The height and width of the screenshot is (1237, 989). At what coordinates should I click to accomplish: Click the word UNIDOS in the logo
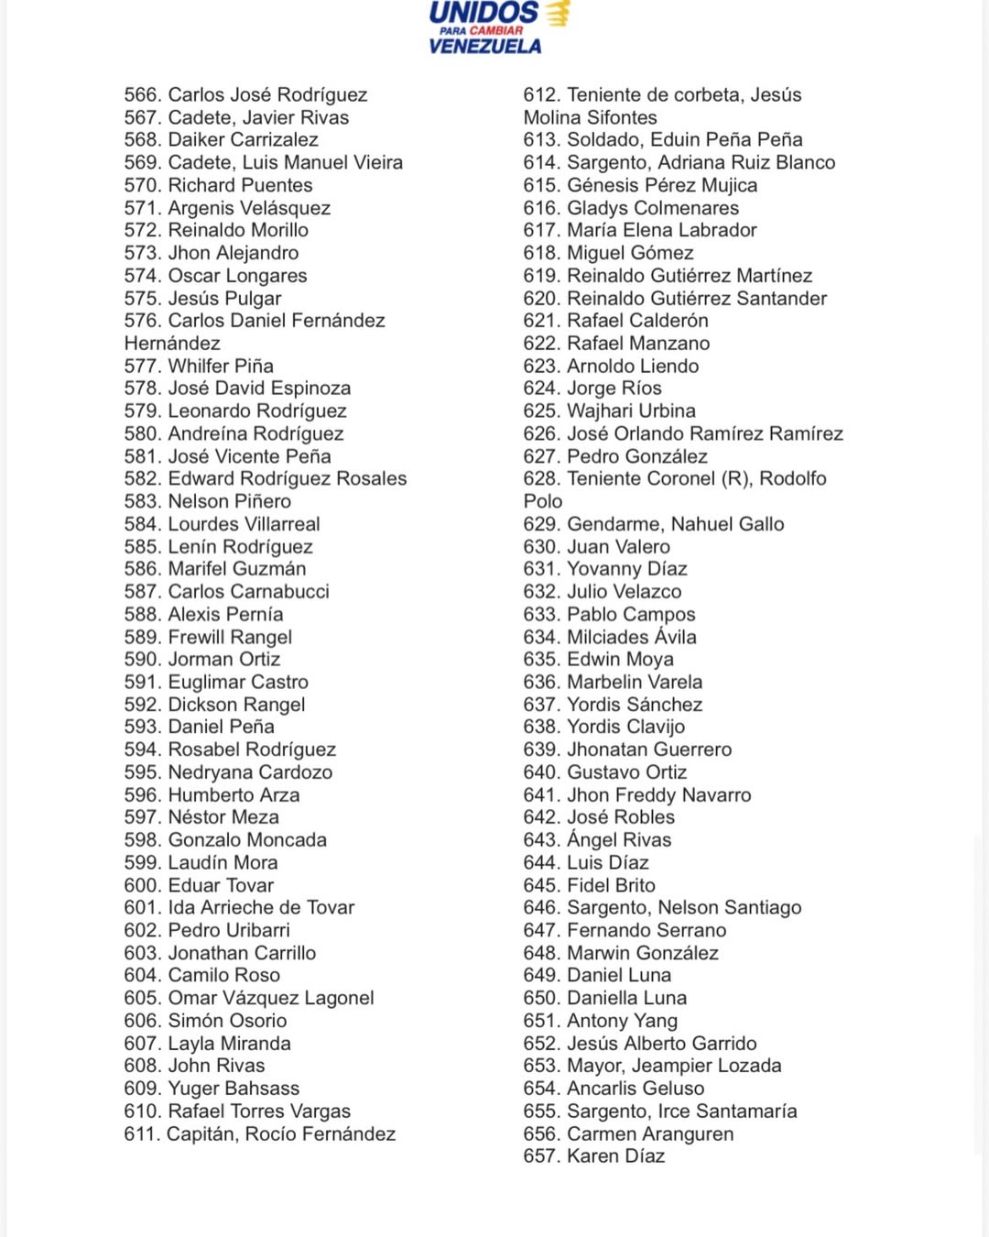[484, 13]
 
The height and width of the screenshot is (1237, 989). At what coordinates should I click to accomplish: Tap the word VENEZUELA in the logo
[484, 46]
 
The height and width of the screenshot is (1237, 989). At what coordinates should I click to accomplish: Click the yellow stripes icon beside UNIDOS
[558, 13]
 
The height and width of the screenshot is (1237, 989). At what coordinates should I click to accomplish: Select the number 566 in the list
[142, 95]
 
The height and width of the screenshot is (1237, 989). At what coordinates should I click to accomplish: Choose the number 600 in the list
[142, 886]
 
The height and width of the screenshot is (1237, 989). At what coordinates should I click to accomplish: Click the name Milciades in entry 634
[606, 638]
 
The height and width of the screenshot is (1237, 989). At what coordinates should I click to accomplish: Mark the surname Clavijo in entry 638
[651, 728]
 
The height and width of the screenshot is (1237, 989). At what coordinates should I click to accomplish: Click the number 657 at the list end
[541, 1156]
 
